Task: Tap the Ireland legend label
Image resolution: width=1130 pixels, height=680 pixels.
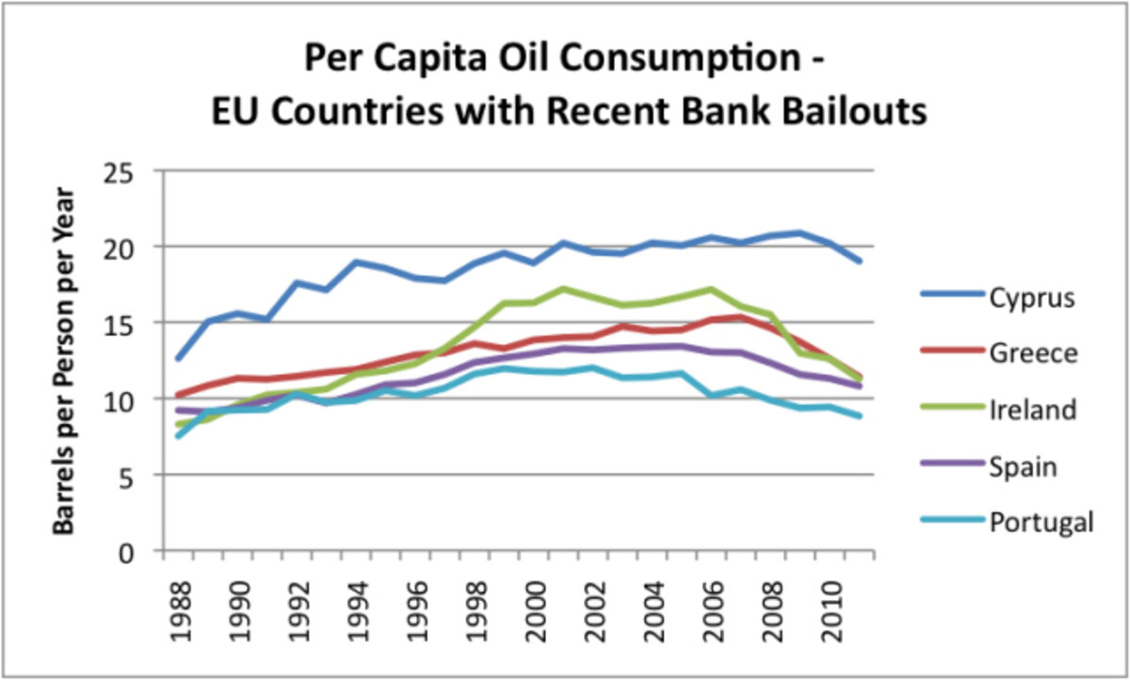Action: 1033,410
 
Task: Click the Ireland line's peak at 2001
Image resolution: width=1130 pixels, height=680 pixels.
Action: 563,289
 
